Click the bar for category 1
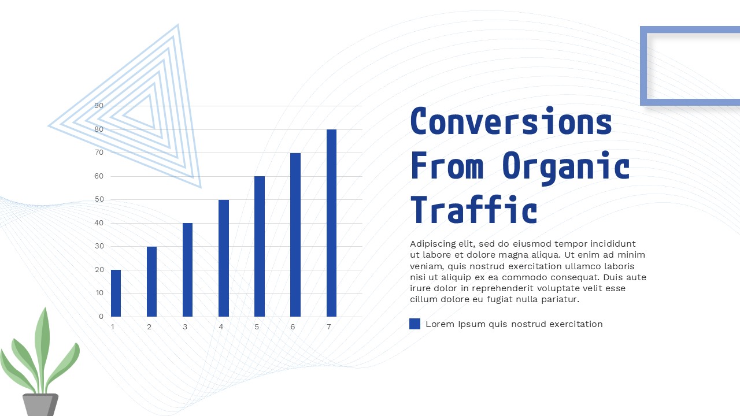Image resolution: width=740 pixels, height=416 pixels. [x=116, y=293]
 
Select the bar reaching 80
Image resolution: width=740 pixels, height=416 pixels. [x=331, y=223]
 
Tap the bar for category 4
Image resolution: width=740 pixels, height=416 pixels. [x=224, y=258]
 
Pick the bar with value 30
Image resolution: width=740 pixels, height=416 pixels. [x=151, y=281]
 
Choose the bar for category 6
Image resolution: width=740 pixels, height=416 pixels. [x=295, y=235]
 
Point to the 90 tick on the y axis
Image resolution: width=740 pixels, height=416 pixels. [x=99, y=106]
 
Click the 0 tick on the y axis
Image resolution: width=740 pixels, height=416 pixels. [x=101, y=317]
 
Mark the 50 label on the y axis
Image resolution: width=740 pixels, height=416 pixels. [x=99, y=199]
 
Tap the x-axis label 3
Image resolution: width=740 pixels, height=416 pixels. [x=185, y=327]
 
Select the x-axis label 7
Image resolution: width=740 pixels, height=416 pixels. [x=329, y=327]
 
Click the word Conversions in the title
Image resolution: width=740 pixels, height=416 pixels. [x=511, y=122]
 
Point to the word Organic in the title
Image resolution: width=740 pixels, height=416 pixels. [x=566, y=166]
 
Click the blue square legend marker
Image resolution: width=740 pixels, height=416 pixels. [x=415, y=324]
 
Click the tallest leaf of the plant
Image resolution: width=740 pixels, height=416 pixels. [x=42, y=341]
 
